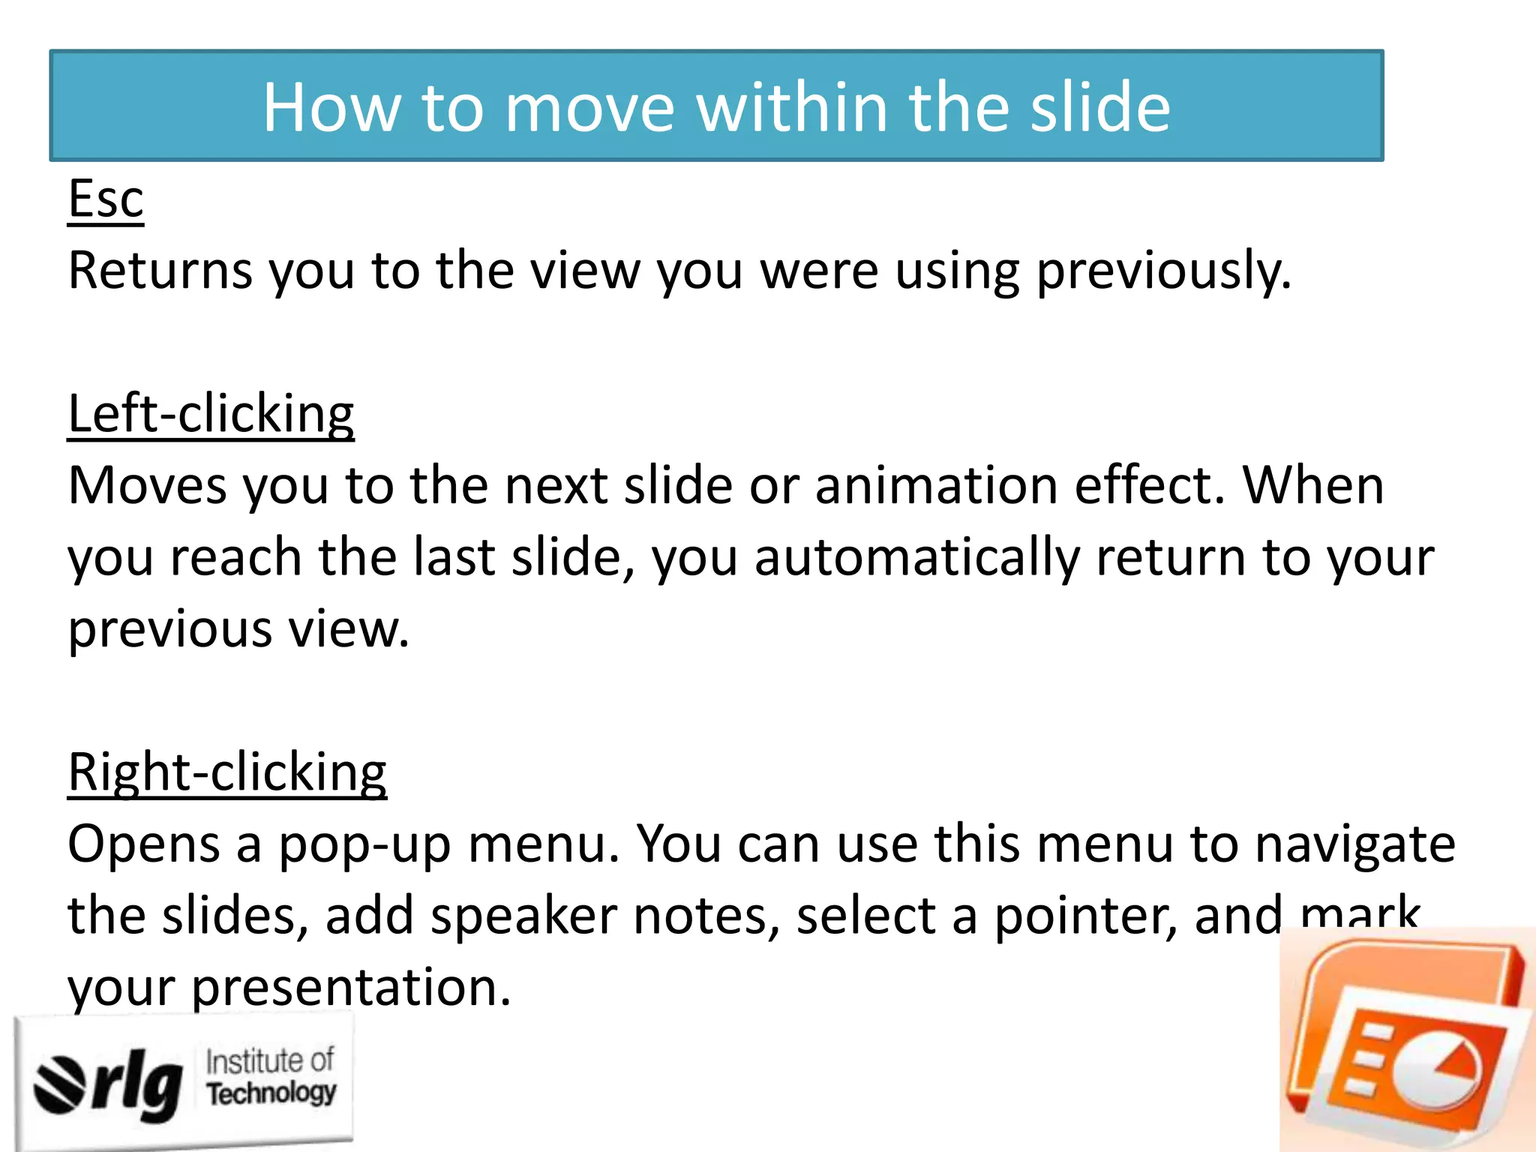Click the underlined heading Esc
[106, 199]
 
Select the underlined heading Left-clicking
[211, 414]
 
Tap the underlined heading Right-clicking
[227, 772]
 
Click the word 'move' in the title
[589, 108]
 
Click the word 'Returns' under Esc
[160, 271]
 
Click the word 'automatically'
[917, 558]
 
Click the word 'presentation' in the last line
[351, 988]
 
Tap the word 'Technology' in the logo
[271, 1093]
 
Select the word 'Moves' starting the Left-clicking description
[147, 486]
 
